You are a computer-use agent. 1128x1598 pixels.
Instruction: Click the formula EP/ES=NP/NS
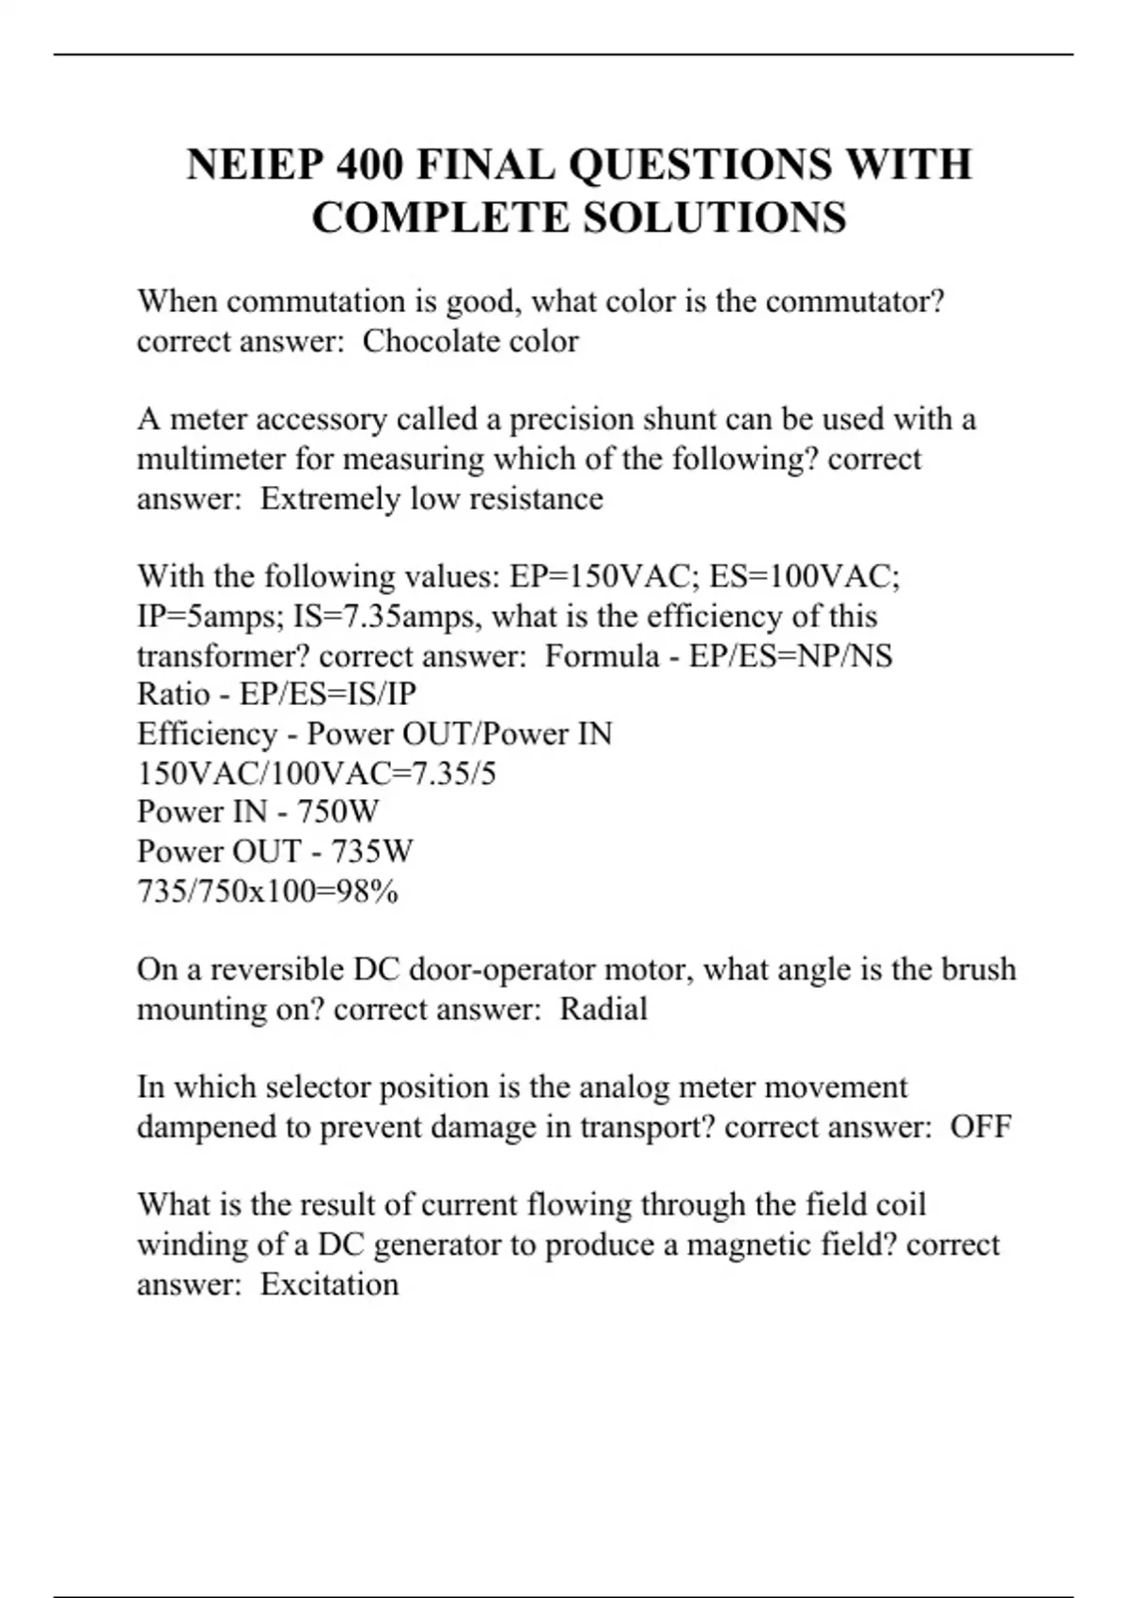(x=791, y=655)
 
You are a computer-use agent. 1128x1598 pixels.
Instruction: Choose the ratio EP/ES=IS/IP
(x=328, y=694)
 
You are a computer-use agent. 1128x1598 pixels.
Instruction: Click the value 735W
(x=371, y=851)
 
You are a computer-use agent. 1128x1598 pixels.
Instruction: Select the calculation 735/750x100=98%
(x=268, y=890)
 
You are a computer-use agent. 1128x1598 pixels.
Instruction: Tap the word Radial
(x=603, y=1009)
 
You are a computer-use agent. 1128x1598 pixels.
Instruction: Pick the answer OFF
(x=980, y=1126)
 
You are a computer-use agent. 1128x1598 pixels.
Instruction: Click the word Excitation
(x=329, y=1284)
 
